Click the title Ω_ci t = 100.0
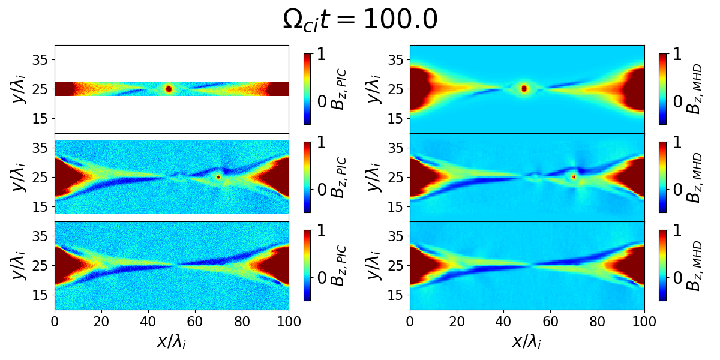tap(360, 20)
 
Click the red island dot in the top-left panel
tap(169, 89)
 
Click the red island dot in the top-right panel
tap(524, 89)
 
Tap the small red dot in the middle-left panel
tap(218, 177)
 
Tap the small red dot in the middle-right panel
tap(574, 177)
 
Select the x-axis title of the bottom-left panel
tap(172, 341)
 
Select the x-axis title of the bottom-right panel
tap(527, 341)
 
